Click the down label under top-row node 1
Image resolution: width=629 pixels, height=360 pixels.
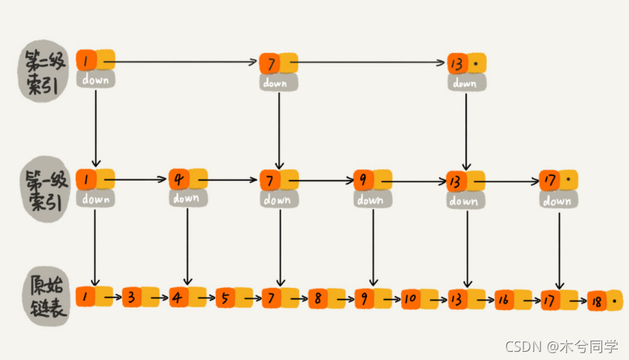tap(95, 79)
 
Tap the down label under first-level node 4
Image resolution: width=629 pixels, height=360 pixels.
tap(185, 198)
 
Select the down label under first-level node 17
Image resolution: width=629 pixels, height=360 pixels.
tap(556, 200)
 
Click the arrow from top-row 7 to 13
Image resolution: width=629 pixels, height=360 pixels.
tap(372, 62)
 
